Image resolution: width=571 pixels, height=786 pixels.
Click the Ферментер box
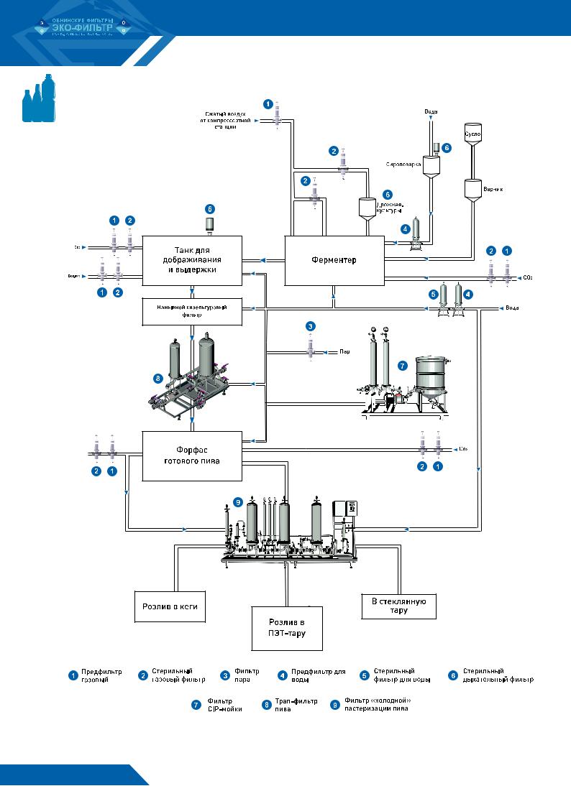tap(335, 259)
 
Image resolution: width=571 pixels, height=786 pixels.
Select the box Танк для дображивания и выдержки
tap(192, 259)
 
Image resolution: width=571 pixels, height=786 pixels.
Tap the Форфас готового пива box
tap(191, 456)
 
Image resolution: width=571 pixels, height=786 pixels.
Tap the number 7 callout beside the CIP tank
tap(402, 366)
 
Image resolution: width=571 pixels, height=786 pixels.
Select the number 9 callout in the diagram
tap(237, 503)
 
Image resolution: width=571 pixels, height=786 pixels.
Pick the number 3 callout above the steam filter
tap(310, 326)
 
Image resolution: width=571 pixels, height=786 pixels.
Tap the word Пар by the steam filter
tap(344, 352)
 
